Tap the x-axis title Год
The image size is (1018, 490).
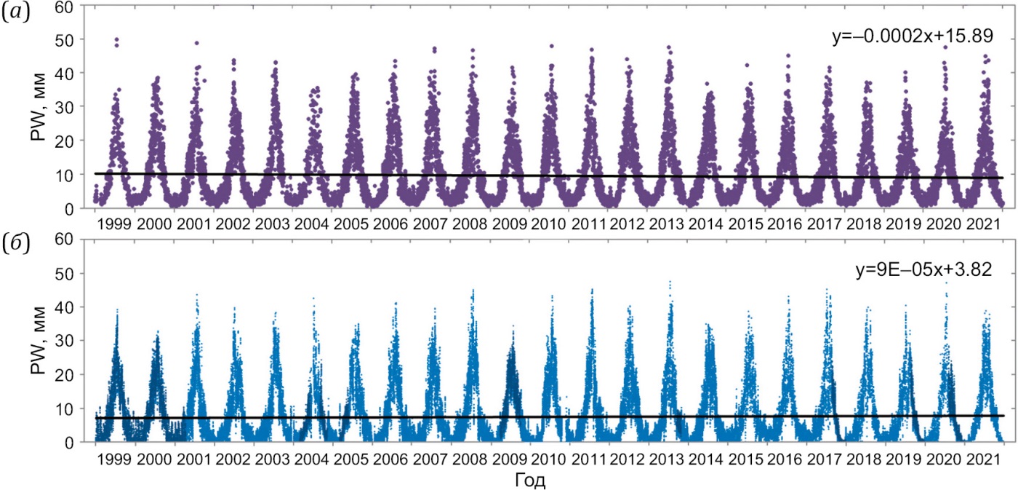point(529,480)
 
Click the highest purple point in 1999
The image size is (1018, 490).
point(117,39)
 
